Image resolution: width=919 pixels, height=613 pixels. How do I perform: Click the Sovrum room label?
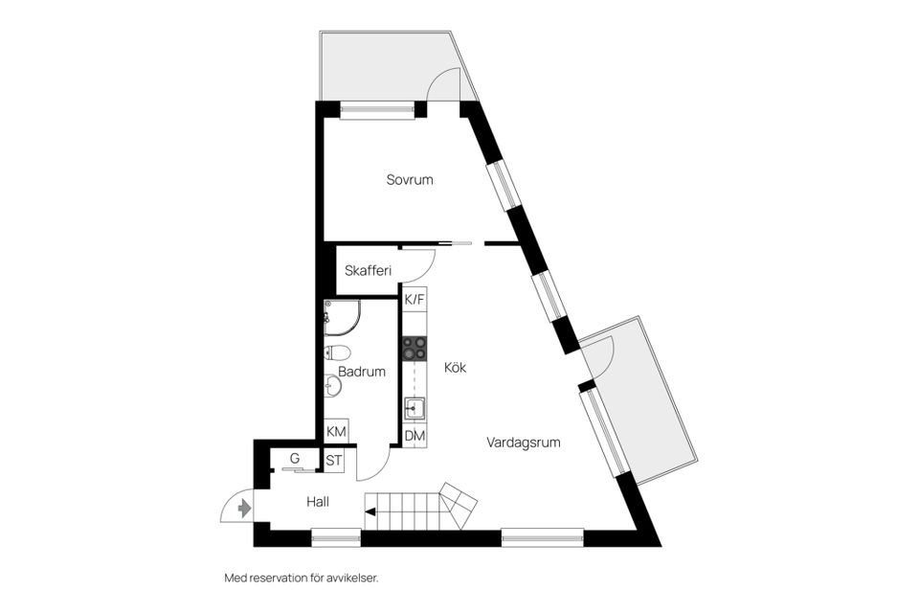[x=411, y=180]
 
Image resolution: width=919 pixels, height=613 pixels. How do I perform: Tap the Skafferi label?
[x=369, y=271]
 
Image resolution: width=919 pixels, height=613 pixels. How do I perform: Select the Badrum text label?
[x=362, y=372]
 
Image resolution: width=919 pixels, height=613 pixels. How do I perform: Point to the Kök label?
[x=455, y=367]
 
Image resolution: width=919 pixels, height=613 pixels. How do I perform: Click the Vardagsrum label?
[x=523, y=443]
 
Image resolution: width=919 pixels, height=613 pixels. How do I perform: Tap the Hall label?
[x=318, y=501]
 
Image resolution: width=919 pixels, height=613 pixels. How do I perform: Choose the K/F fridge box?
[x=415, y=300]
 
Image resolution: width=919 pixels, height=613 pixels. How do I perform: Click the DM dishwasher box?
[x=415, y=436]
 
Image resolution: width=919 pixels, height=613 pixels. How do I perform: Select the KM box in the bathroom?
[x=336, y=432]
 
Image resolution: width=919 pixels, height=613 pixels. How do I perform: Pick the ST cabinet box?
[x=334, y=461]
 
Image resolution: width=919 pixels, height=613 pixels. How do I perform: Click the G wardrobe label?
[x=295, y=459]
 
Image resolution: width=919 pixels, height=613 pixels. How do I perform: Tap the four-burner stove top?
[x=415, y=349]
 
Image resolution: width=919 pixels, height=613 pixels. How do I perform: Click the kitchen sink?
[x=415, y=410]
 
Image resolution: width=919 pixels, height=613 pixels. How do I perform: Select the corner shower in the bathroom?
[x=339, y=317]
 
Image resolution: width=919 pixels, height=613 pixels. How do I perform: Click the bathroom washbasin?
[x=332, y=385]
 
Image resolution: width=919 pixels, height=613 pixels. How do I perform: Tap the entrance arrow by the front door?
[x=244, y=508]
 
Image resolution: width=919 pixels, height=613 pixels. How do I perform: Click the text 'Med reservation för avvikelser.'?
[x=301, y=578]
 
